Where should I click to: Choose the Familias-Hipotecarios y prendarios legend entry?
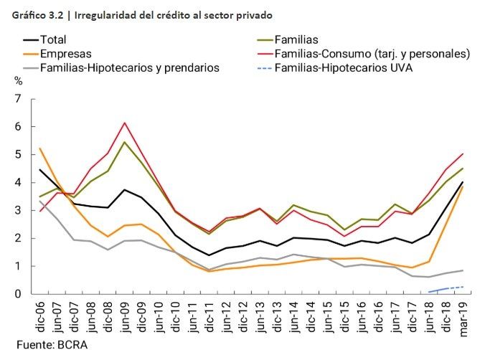coord(129,68)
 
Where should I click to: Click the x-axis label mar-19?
coord(461,315)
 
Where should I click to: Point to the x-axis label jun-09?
coord(125,315)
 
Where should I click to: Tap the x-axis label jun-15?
coord(326,315)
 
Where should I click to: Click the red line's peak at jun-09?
coord(125,123)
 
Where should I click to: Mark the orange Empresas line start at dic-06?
coord(39,148)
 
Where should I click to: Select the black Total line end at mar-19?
coord(461,182)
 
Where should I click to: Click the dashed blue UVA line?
coord(445,288)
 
